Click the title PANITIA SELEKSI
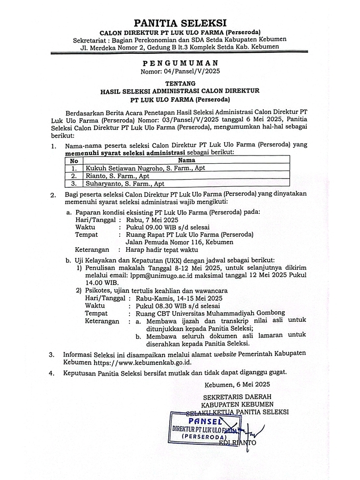pos(179,23)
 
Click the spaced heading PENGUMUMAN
pos(179,62)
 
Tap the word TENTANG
pos(179,82)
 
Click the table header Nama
pos(186,160)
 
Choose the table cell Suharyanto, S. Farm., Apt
pos(125,183)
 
